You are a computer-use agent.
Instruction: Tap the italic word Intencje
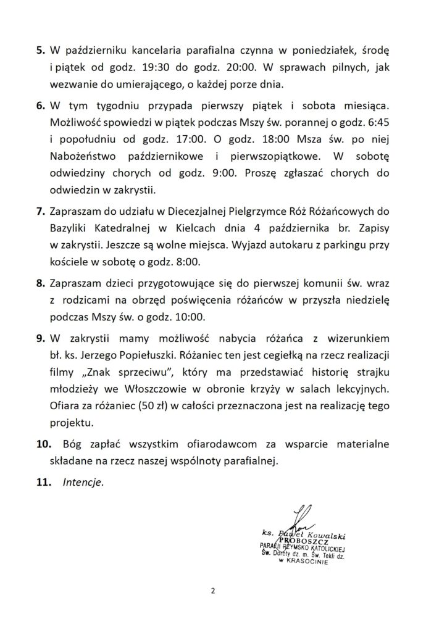pyautogui.click(x=83, y=483)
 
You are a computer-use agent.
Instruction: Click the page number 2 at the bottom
pyautogui.click(x=213, y=591)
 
